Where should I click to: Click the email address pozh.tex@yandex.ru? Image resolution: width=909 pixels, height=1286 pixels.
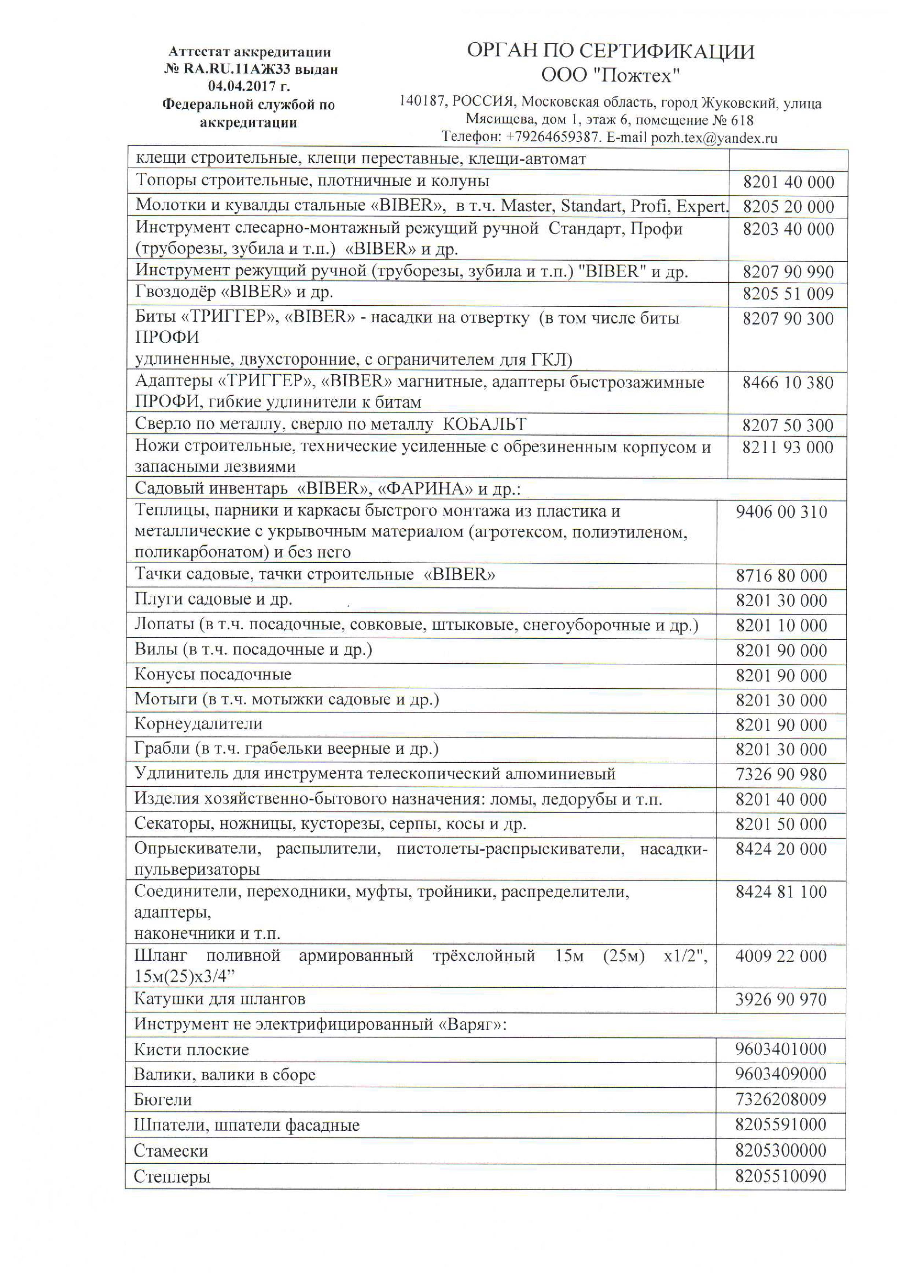[x=714, y=138]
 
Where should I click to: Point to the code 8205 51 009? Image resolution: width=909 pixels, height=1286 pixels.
[x=788, y=294]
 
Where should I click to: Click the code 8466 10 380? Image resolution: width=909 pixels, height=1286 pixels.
[x=788, y=383]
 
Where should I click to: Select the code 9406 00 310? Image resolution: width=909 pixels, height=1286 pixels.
[x=781, y=512]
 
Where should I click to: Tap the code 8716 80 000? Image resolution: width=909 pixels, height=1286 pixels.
[x=781, y=576]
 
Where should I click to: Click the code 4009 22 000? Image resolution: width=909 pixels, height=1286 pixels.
[x=781, y=956]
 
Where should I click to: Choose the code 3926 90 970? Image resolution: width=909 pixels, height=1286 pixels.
[x=781, y=999]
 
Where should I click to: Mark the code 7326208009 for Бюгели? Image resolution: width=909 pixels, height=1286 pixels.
[x=781, y=1099]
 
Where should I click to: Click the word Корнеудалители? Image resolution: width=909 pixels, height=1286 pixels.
[x=198, y=723]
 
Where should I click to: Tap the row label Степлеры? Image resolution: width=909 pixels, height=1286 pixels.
[x=172, y=1177]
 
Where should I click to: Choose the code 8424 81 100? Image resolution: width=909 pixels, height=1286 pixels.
[x=781, y=892]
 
